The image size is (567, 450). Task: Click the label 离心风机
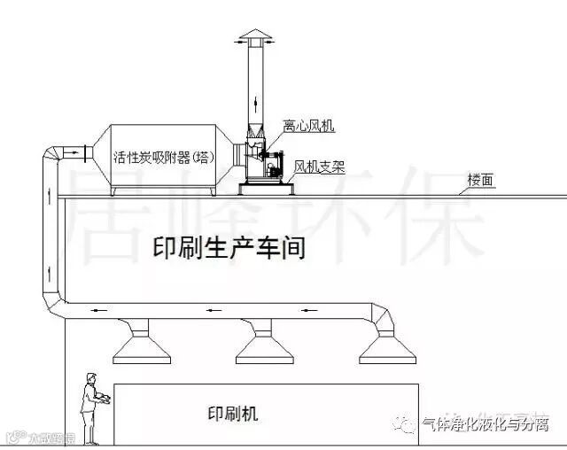(x=307, y=127)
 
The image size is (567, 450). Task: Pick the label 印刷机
(x=232, y=413)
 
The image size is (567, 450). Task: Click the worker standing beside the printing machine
(x=89, y=404)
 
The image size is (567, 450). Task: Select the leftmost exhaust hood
(x=142, y=345)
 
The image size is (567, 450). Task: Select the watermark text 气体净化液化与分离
(x=486, y=426)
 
